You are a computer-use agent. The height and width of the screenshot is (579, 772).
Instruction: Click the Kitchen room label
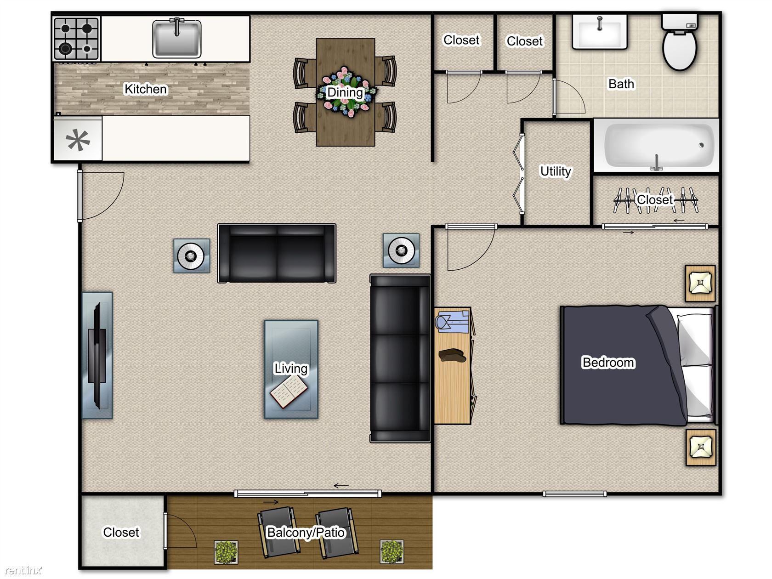(146, 89)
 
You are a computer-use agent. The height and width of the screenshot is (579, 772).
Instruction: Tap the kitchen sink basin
(176, 38)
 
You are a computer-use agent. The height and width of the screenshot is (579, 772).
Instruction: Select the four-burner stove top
(76, 38)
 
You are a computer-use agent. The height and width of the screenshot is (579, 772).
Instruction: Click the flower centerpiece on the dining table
(346, 92)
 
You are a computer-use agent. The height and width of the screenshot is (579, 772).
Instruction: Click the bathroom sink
(599, 31)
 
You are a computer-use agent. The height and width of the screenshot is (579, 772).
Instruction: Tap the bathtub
(656, 145)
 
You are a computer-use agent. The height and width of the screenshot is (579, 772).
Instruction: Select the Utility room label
(556, 171)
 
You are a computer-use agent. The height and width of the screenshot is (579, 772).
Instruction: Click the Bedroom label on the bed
(608, 363)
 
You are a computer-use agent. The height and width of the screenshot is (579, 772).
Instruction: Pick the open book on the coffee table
(289, 391)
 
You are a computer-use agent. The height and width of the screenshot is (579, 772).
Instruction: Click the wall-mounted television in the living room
(97, 355)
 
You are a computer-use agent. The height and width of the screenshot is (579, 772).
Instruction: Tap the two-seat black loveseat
(277, 253)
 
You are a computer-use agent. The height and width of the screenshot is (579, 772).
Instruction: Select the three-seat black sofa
(400, 358)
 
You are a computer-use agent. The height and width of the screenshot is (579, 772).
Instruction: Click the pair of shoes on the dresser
(452, 355)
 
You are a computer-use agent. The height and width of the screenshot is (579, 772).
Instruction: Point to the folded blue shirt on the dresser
(452, 322)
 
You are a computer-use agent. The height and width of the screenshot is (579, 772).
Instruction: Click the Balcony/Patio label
(306, 533)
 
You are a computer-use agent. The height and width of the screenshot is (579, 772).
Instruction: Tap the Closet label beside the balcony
(121, 532)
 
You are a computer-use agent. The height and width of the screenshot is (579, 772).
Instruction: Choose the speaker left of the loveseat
(192, 256)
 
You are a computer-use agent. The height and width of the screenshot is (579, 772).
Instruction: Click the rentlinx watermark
(23, 570)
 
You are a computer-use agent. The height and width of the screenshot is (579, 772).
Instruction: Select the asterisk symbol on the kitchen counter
(78, 140)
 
